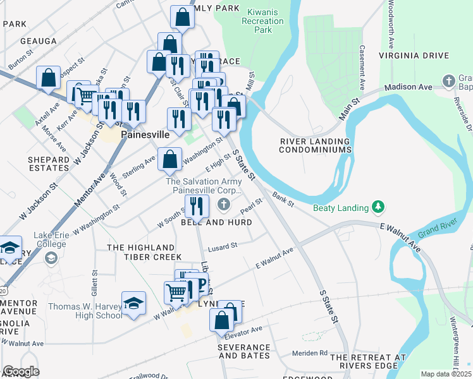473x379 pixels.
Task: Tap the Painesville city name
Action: click(x=145, y=135)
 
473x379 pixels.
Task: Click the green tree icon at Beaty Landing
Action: click(x=378, y=207)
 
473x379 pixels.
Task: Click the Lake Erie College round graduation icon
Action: click(x=51, y=258)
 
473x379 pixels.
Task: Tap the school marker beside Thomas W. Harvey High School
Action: click(x=133, y=303)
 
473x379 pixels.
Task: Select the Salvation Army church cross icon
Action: click(x=223, y=204)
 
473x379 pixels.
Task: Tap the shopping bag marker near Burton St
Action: click(x=48, y=78)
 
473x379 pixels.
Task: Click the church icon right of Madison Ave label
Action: click(x=449, y=81)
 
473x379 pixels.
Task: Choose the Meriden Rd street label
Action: click(x=310, y=352)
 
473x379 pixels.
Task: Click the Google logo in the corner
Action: click(x=21, y=371)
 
